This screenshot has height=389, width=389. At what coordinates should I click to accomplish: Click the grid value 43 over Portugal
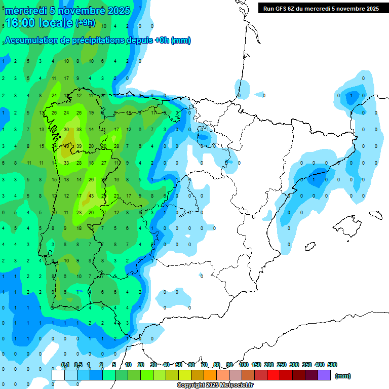click(x=91, y=196)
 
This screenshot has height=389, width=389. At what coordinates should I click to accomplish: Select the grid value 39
click(x=79, y=146)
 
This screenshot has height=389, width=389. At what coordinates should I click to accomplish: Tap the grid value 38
click(x=79, y=130)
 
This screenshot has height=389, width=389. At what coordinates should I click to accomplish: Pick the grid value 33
click(x=66, y=163)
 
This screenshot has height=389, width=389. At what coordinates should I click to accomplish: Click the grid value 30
click(x=66, y=130)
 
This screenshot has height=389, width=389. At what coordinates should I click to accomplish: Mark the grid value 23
click(x=116, y=196)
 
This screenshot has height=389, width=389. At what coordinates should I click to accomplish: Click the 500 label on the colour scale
click(x=332, y=365)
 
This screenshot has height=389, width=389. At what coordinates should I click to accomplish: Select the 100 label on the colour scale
click(x=243, y=365)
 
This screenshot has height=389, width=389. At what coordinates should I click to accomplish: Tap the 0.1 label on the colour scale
click(x=65, y=365)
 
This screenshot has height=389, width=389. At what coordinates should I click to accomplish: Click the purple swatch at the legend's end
click(x=325, y=375)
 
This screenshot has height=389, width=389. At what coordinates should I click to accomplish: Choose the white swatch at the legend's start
click(x=58, y=375)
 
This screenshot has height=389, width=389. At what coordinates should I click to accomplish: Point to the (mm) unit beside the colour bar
click(x=343, y=376)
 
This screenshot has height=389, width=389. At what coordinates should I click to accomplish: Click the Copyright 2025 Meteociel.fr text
click(x=215, y=385)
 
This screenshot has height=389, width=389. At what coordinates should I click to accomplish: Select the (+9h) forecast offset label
click(x=85, y=23)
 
